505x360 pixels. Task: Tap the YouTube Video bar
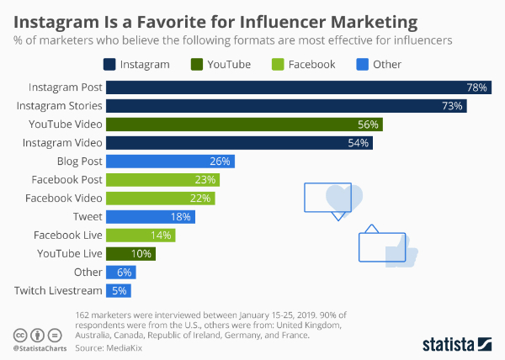tap(244, 124)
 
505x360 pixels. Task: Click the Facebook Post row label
tap(66, 180)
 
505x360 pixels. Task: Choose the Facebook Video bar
tap(160, 199)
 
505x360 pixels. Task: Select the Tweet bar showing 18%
tap(150, 217)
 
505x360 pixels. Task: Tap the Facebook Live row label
tap(68, 236)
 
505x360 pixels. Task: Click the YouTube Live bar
tap(130, 254)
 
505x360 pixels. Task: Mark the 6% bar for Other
tap(120, 273)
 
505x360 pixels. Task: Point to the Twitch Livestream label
tap(59, 291)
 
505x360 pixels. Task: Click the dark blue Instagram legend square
tap(109, 64)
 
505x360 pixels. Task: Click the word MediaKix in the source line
tap(118, 346)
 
